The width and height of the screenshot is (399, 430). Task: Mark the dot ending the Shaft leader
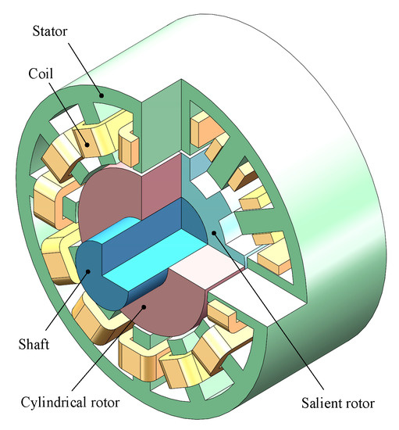pos(88,272)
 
